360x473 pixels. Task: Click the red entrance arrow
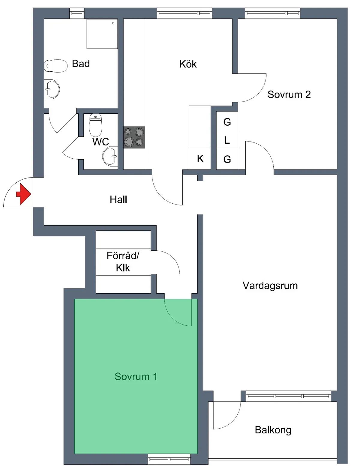(24, 194)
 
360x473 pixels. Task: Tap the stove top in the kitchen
(134, 137)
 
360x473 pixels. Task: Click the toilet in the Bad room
(55, 66)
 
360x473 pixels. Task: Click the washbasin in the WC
(110, 156)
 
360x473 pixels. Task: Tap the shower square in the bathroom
(102, 34)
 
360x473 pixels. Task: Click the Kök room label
(188, 64)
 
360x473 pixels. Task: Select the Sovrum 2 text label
(289, 94)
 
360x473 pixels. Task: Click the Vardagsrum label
(270, 286)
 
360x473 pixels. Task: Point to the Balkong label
(273, 430)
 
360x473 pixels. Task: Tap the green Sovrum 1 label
(136, 376)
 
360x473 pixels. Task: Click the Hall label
(118, 199)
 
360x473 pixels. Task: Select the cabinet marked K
(200, 159)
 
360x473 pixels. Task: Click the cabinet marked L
(227, 140)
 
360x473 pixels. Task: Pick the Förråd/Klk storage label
(123, 262)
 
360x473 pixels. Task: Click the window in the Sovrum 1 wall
(169, 459)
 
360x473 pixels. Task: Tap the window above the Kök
(184, 13)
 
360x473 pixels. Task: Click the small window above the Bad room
(77, 13)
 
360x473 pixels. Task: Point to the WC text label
(100, 142)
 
